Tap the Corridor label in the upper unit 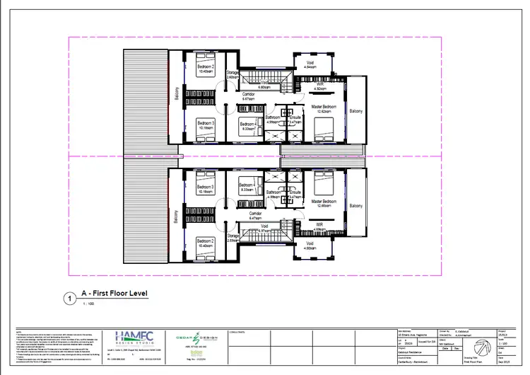[248, 94]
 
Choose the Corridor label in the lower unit [256, 213]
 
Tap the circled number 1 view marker [69, 299]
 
